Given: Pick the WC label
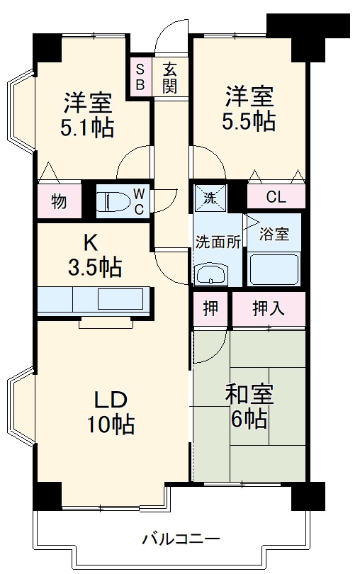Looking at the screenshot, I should pos(139,201).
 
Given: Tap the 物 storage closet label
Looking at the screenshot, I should pos(58,201).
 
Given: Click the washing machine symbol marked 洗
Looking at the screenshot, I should pos(210,196).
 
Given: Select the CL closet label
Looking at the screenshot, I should pos(276,198).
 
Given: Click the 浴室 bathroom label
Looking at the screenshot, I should pos(274,235).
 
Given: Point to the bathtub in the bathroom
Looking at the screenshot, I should pos(274,269).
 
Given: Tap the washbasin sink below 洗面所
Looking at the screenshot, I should pos(210,274).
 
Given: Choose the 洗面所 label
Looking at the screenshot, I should pos(218,240).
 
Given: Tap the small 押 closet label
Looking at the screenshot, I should pos(210,309).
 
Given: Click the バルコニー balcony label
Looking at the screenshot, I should pos(170,537).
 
